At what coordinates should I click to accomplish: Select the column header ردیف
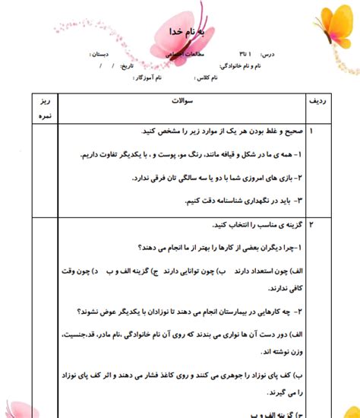(x=317, y=100)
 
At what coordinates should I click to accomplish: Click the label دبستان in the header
(x=106, y=55)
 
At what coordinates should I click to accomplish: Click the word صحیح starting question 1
(x=287, y=131)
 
